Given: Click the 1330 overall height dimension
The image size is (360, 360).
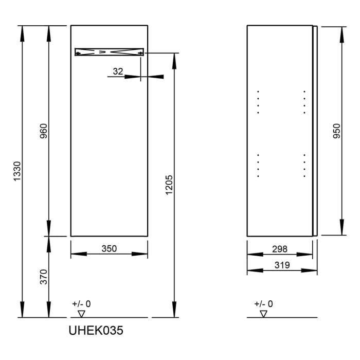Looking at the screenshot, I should tap(16, 171).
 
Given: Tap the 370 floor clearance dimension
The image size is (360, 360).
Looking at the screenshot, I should tap(43, 277).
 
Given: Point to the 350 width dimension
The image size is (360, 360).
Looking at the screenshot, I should tap(109, 249).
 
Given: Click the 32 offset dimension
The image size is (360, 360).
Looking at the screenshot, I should tap(118, 72).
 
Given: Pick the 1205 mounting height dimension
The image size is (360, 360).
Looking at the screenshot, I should tap(170, 186).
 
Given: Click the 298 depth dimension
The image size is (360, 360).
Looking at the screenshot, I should tap(280, 249).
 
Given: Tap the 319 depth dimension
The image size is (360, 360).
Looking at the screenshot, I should tap(280, 265).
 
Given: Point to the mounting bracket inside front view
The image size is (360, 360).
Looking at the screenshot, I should tap(109, 52).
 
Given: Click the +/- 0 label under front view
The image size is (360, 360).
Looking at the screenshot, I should tap(81, 304).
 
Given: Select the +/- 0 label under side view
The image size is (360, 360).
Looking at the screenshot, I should tap(264, 304).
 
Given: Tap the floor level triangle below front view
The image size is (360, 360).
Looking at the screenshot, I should tap(81, 313).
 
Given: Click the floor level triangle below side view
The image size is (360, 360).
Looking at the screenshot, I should tap(264, 313).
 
